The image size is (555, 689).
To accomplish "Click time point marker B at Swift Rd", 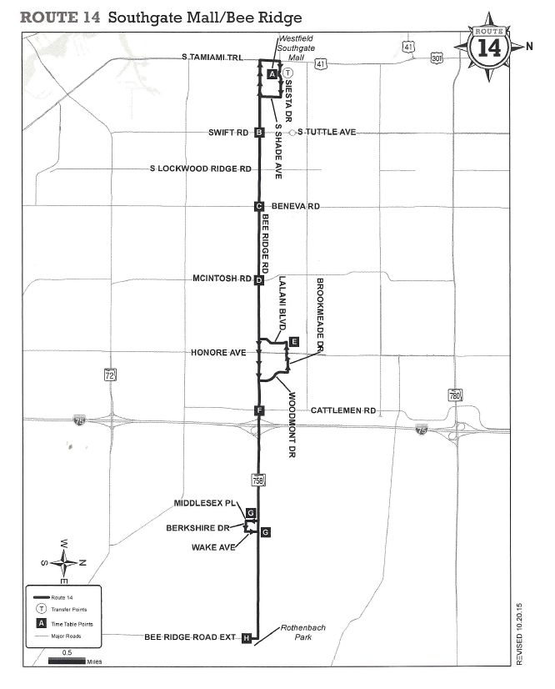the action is [x=259, y=132].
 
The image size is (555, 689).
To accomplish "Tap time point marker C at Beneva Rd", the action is [x=259, y=206].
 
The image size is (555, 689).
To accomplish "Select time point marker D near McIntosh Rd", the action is [x=259, y=280].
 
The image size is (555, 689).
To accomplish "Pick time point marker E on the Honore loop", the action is [x=293, y=341].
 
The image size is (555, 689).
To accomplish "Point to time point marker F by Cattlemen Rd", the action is [x=260, y=410].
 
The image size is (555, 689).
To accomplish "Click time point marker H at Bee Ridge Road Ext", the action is [x=246, y=638].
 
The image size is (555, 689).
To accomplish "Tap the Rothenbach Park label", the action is [x=293, y=635].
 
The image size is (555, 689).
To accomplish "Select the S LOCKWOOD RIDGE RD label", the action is [x=200, y=168].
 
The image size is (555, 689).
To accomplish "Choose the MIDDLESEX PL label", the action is [x=204, y=504].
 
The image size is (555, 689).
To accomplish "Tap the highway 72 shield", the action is [x=111, y=376].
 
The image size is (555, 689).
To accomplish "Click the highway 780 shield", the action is [x=455, y=395].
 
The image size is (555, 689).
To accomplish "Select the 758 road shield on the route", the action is [x=259, y=479].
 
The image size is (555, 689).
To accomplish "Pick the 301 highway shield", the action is [x=436, y=58].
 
